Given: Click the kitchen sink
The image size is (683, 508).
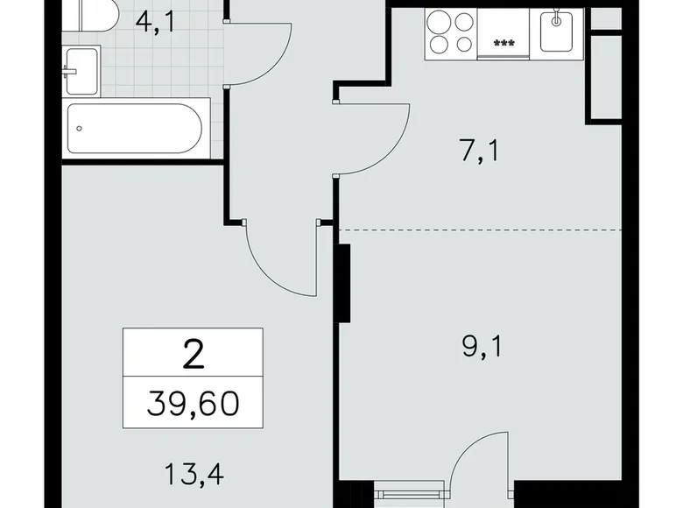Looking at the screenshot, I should pos(556,32).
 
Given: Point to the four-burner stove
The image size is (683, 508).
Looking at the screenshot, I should pos(451,34).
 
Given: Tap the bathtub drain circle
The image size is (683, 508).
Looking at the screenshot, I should pos(79,128).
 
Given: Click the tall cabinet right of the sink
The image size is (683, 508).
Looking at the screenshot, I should pos(602,74).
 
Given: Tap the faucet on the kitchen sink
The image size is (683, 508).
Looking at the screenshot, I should pos(556,19).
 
